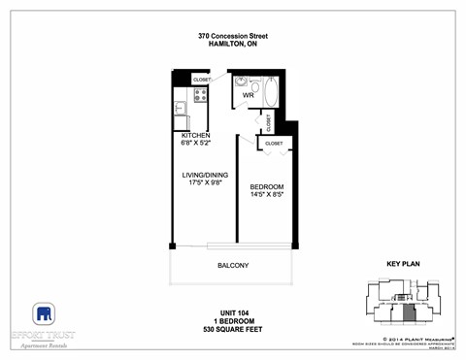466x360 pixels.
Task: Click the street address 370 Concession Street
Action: (233, 36)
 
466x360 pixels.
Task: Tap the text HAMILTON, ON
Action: (233, 45)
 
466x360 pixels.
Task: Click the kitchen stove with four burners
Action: (201, 95)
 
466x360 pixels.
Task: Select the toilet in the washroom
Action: (254, 85)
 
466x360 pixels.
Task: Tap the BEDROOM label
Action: (266, 186)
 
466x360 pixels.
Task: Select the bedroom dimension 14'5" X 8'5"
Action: (266, 195)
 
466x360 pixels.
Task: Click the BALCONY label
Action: (233, 266)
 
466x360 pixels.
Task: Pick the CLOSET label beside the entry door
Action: (202, 79)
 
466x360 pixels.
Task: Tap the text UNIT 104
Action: (233, 312)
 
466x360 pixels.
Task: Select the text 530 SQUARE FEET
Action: (233, 330)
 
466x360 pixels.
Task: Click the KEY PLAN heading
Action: (402, 263)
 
